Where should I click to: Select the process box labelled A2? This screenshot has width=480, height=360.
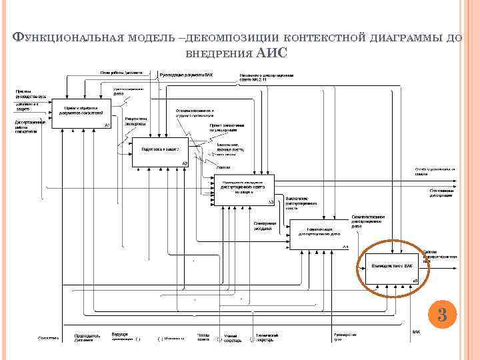[x=160, y=151]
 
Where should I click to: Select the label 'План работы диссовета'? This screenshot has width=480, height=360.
[x=121, y=73]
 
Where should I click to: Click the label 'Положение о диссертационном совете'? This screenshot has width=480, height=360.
[x=266, y=78]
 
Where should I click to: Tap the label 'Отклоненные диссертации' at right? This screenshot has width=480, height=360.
[x=441, y=193]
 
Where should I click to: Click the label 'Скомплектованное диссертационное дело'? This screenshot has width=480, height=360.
[x=366, y=223]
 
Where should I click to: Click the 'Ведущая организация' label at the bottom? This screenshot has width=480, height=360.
[x=120, y=335]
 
